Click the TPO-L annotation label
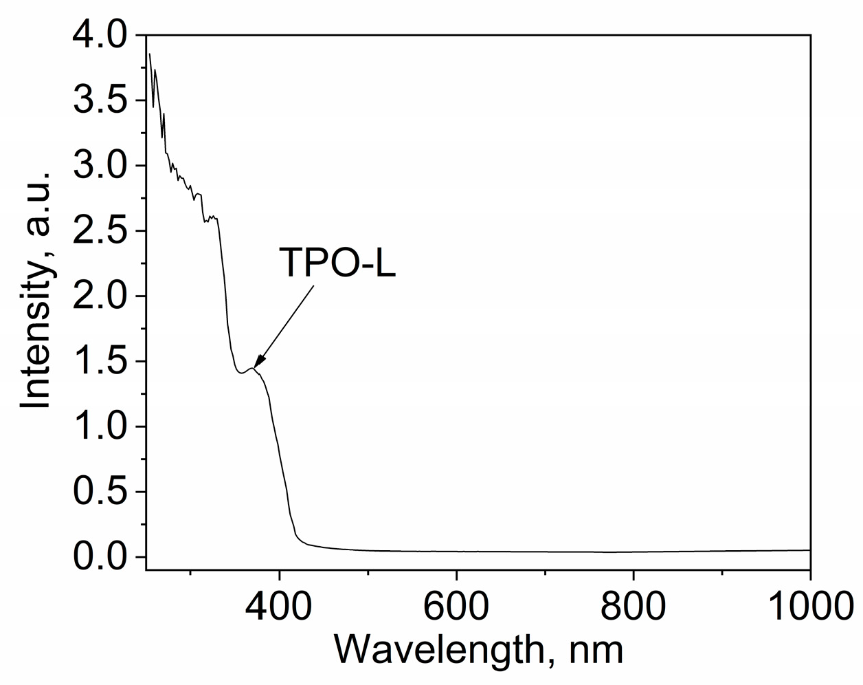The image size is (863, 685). click(x=337, y=263)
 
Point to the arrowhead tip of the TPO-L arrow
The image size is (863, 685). click(x=255, y=368)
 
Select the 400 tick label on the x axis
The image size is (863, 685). click(x=279, y=606)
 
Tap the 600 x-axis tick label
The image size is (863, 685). click(x=456, y=606)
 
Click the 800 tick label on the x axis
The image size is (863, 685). click(x=633, y=606)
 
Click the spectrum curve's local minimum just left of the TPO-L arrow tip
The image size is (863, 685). click(x=241, y=373)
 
